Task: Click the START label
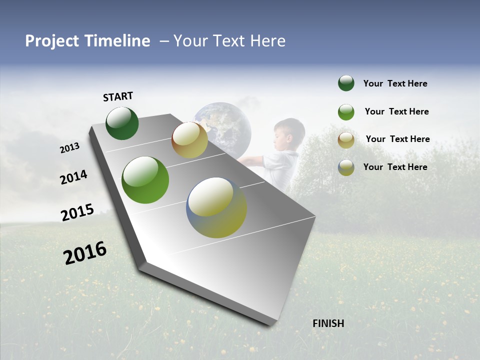118,96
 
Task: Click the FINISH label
328,323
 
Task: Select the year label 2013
69,148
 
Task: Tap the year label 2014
73,177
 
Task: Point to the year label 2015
77,212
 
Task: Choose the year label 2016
85,253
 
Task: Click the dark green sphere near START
122,123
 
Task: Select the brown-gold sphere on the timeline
189,140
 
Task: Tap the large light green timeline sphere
145,180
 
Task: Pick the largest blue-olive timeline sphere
216,207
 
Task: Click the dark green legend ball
346,83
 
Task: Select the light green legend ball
346,112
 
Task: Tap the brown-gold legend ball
346,140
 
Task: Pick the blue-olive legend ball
346,167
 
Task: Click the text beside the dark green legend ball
395,83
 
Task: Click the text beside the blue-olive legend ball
395,167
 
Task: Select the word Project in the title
52,41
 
